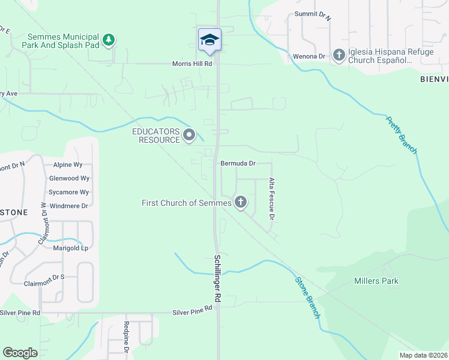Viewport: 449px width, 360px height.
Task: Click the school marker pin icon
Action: click(209, 40)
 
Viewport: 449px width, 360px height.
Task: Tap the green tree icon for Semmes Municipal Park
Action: click(109, 40)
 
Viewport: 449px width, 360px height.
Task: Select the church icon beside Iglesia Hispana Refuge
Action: click(339, 56)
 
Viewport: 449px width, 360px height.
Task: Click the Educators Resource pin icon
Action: click(189, 135)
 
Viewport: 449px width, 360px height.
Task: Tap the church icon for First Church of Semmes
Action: click(240, 202)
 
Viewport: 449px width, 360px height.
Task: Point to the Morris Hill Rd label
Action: click(193, 64)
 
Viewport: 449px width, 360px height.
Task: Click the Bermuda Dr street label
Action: click(238, 163)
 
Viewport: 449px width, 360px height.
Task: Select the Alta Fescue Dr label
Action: click(271, 197)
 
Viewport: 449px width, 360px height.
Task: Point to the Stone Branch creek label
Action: click(308, 297)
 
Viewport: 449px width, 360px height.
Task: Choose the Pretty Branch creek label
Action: click(400, 134)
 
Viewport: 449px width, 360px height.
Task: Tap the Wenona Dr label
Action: click(309, 56)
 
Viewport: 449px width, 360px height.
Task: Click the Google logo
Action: click(20, 352)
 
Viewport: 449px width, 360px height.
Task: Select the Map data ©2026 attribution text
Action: click(423, 355)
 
